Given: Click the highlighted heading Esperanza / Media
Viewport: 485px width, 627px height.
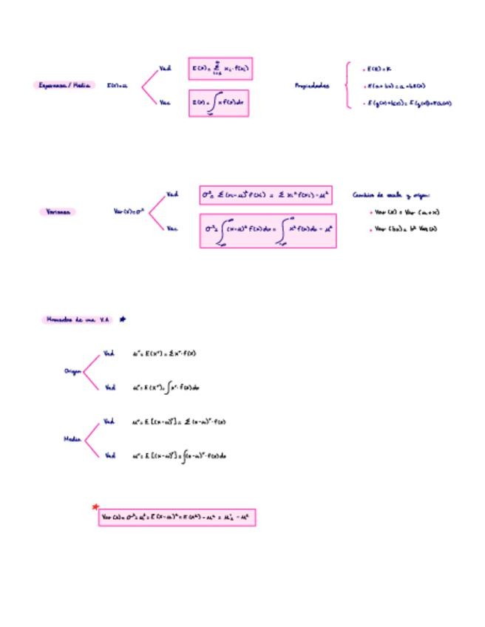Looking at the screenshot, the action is pos(64,85).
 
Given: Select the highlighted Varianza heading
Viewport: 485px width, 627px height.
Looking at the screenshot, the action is pos(57,211).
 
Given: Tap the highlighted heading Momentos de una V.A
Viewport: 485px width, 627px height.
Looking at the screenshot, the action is pos(76,319).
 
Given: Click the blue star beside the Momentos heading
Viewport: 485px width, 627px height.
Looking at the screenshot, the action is pos(123,319).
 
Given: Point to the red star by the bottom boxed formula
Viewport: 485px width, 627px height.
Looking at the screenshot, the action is pos(95,507).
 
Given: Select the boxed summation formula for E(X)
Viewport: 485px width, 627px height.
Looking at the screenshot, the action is pos(220,70).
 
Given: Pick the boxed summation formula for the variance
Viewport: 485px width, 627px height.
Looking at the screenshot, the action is pos(265,195).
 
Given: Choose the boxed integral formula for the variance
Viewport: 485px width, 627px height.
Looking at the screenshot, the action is pos(268,231).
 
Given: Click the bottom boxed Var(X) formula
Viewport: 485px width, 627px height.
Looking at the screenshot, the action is pos(177,518).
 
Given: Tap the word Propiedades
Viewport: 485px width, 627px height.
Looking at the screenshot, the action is pos(312,86).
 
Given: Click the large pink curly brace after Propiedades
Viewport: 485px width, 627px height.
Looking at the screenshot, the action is pos(347,85).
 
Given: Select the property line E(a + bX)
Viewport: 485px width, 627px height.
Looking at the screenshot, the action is pos(396,86).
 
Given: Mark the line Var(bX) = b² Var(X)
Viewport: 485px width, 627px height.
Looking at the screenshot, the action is pos(405,228).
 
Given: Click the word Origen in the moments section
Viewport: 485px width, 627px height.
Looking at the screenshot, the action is pos(72,371).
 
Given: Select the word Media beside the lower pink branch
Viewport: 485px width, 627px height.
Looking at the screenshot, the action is pos(72,438).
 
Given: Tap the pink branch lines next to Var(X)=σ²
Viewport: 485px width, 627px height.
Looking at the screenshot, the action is pos(157,211).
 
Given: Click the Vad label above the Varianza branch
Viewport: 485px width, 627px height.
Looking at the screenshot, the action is pos(172,194).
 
